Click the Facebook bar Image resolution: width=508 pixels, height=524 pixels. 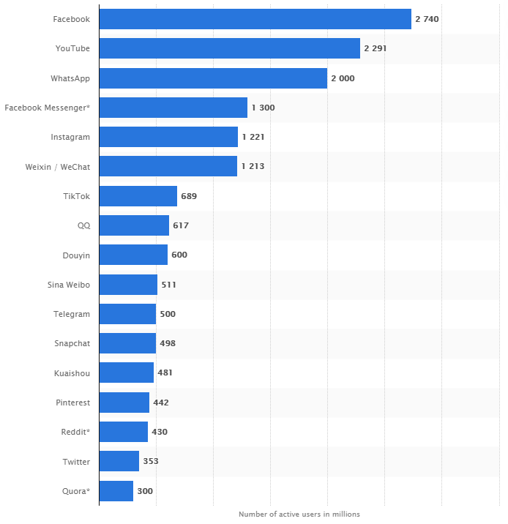pyautogui.click(x=255, y=19)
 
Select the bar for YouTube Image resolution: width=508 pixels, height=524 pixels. pyautogui.click(x=229, y=48)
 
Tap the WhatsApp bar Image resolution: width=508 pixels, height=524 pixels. pyautogui.click(x=212, y=78)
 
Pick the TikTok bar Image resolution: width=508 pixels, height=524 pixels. pyautogui.click(x=138, y=196)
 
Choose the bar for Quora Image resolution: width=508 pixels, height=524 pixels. pyautogui.click(x=116, y=491)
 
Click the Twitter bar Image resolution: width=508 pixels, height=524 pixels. pyautogui.click(x=119, y=461)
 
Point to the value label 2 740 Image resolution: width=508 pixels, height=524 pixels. pyautogui.click(x=427, y=19)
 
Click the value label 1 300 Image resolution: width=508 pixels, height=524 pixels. pyautogui.click(x=263, y=108)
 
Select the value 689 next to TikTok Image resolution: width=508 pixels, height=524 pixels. pyautogui.click(x=189, y=196)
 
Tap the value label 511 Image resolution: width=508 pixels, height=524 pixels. pyautogui.click(x=168, y=285)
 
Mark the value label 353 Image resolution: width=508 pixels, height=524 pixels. pyautogui.click(x=151, y=461)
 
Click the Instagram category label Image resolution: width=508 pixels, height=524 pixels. pyautogui.click(x=70, y=137)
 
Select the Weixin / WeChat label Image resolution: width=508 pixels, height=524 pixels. pyautogui.click(x=57, y=166)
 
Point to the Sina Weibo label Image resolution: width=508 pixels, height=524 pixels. pyautogui.click(x=68, y=285)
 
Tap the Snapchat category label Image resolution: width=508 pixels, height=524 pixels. pyautogui.click(x=72, y=343)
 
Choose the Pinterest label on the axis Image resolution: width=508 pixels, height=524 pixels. pyautogui.click(x=73, y=403)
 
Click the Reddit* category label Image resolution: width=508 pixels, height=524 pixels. pyautogui.click(x=75, y=432)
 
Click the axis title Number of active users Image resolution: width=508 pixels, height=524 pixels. pyautogui.click(x=299, y=514)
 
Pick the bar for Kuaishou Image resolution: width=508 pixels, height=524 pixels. pyautogui.click(x=126, y=373)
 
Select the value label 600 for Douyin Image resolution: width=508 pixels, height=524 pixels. pyautogui.click(x=179, y=255)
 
